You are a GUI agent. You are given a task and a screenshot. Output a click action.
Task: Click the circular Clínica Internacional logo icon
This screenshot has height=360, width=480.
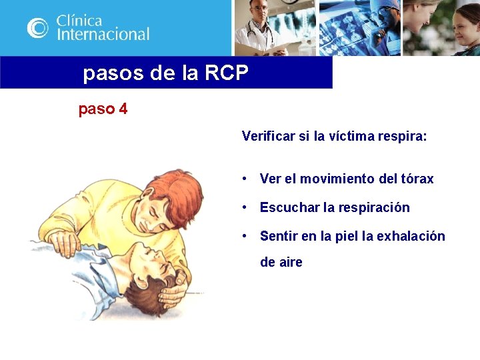(38, 27)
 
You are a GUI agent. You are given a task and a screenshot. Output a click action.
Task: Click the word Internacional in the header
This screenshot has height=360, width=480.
(103, 34)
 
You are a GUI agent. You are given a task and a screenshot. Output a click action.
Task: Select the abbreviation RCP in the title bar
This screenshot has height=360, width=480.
(227, 73)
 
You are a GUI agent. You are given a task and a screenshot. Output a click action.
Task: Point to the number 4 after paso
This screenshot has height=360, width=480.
(123, 109)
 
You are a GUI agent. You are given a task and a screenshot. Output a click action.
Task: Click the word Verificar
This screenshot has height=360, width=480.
(268, 137)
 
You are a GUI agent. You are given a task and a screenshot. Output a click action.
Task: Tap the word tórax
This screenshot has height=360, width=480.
(417, 179)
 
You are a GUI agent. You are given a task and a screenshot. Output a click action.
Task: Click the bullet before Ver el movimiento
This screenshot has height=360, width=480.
(246, 179)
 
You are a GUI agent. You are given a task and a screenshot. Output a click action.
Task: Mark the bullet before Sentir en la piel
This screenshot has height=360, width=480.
(246, 236)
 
